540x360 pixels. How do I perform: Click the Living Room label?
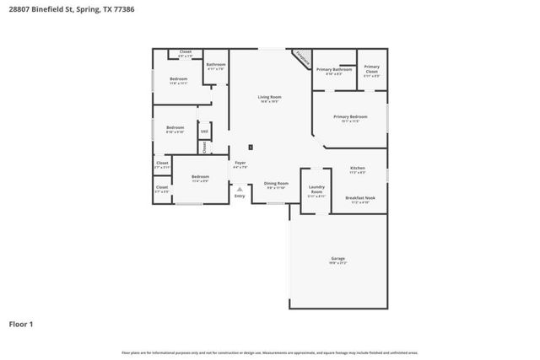click(x=269, y=97)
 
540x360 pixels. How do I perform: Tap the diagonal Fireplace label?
click(x=302, y=58)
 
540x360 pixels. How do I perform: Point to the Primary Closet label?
click(x=371, y=71)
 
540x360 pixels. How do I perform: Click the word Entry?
click(x=240, y=196)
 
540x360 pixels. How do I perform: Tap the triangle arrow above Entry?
click(x=240, y=189)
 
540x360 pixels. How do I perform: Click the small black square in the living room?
click(x=251, y=147)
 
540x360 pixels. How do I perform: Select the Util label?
click(x=204, y=132)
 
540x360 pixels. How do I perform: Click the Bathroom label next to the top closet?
click(x=216, y=65)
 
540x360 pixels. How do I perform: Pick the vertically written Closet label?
click(x=203, y=147)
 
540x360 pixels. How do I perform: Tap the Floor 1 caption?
click(x=21, y=323)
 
